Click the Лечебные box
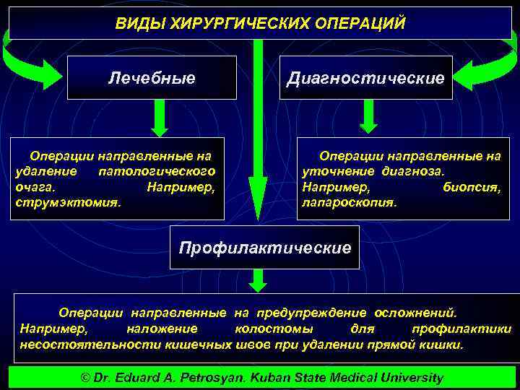(x=152, y=77)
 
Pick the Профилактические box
(x=264, y=248)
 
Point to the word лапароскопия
(x=349, y=202)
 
